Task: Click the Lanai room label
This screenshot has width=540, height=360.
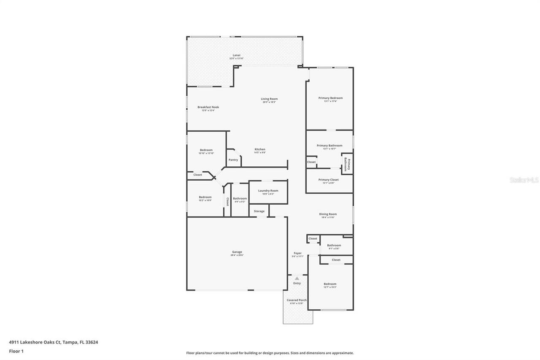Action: pyautogui.click(x=237, y=55)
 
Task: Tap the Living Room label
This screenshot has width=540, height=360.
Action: pyautogui.click(x=269, y=99)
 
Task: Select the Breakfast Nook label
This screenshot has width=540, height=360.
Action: pyautogui.click(x=208, y=107)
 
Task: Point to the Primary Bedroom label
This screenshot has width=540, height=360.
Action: pyautogui.click(x=330, y=98)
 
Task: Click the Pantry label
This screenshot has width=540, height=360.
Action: pyautogui.click(x=233, y=160)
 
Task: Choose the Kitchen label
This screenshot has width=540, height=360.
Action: pyautogui.click(x=260, y=149)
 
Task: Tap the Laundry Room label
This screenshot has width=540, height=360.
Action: pyautogui.click(x=268, y=191)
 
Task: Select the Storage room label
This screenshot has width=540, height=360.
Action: pyautogui.click(x=259, y=211)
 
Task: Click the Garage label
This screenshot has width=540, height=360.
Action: pyautogui.click(x=237, y=252)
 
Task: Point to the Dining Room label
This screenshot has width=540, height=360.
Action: pyautogui.click(x=328, y=214)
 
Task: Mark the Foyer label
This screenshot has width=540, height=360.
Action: pyautogui.click(x=297, y=253)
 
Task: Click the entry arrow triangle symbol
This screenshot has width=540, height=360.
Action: pyautogui.click(x=297, y=278)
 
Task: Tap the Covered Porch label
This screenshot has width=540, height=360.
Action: pyautogui.click(x=297, y=300)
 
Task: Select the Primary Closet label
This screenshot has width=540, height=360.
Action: pyautogui.click(x=329, y=180)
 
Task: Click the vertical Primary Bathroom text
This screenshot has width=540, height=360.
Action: pyautogui.click(x=347, y=164)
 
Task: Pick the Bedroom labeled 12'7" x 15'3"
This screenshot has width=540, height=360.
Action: pyautogui.click(x=330, y=284)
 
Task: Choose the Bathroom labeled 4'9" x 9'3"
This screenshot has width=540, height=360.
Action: pyautogui.click(x=240, y=198)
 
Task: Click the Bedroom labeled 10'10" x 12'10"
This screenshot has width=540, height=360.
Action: pyautogui.click(x=206, y=150)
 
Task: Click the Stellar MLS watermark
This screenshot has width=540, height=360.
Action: pyautogui.click(x=524, y=180)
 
